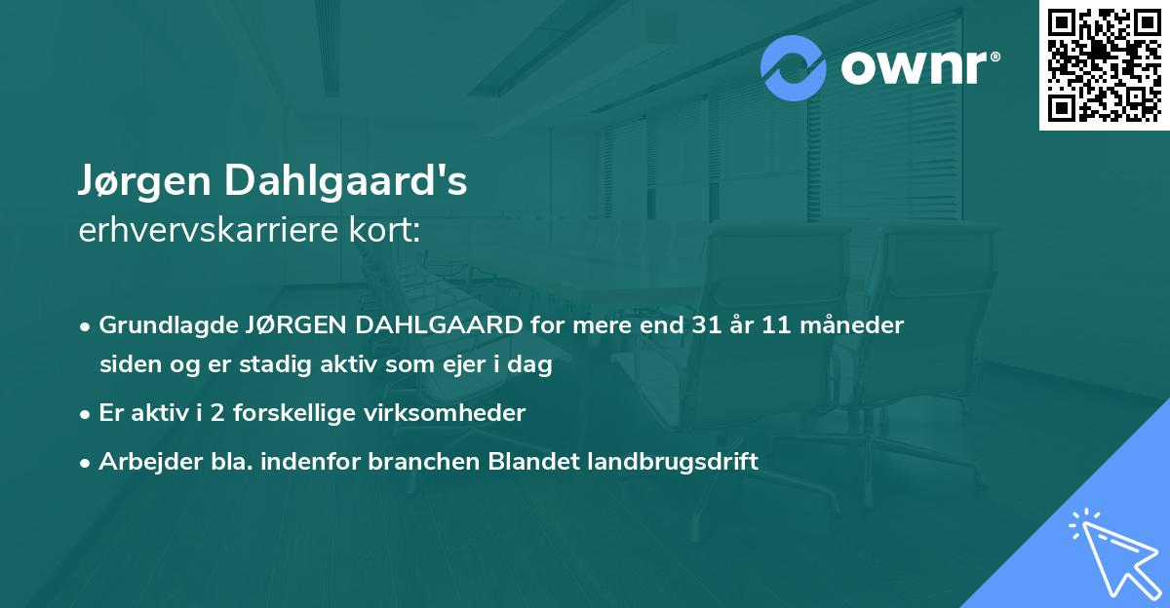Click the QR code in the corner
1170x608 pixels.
1104,65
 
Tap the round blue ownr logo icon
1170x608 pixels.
794,68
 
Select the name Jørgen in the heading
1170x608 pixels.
143,181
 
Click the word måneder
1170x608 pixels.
856,324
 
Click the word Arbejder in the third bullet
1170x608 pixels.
142,461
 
